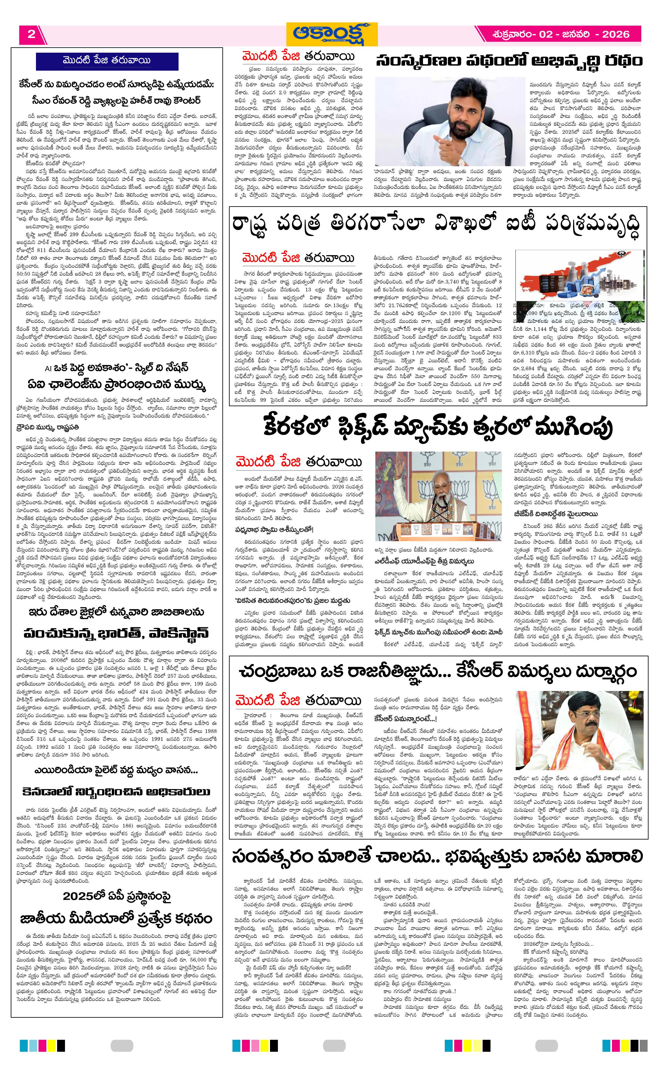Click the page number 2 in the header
[31, 34]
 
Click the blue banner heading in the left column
[107, 61]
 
